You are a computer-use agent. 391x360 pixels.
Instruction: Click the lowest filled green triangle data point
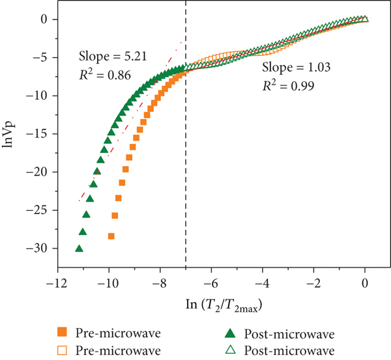click(x=79, y=248)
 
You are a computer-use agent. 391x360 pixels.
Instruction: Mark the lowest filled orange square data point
click(x=111, y=236)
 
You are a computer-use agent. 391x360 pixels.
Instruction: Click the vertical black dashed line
click(x=186, y=163)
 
